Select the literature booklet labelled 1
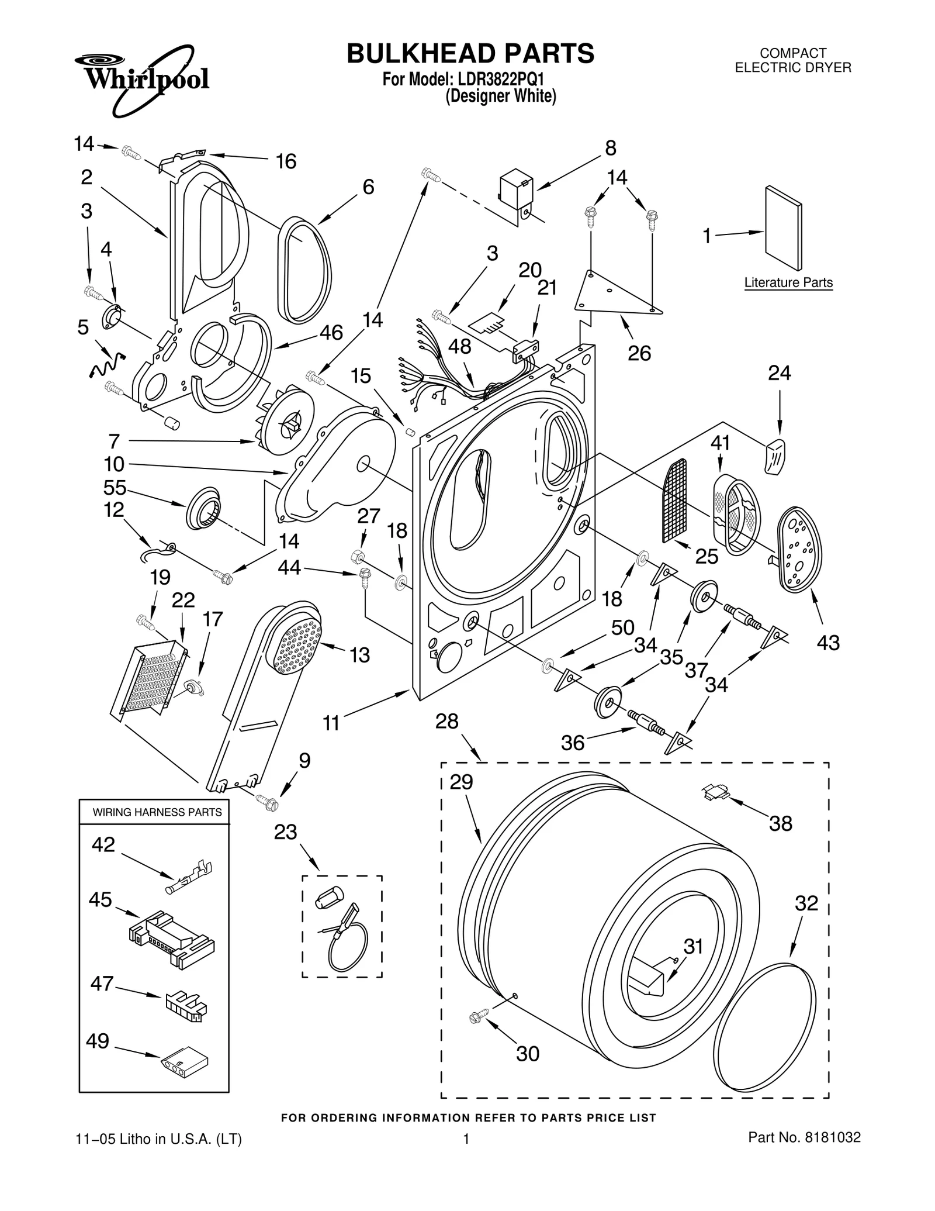point(783,228)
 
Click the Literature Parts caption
point(788,283)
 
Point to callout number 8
point(610,148)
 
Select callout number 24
point(779,372)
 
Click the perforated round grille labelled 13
point(297,647)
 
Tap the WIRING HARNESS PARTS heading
point(157,812)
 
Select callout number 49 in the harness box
point(98,1041)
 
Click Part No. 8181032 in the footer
point(804,1137)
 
